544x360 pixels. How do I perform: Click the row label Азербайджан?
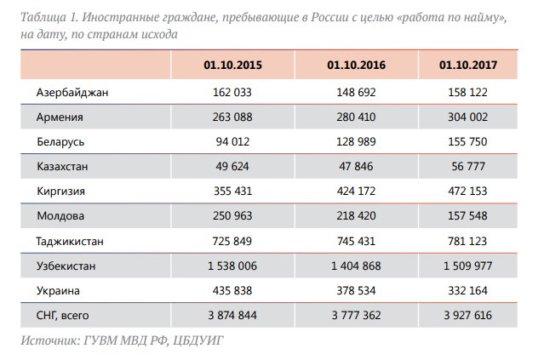coord(72,92)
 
